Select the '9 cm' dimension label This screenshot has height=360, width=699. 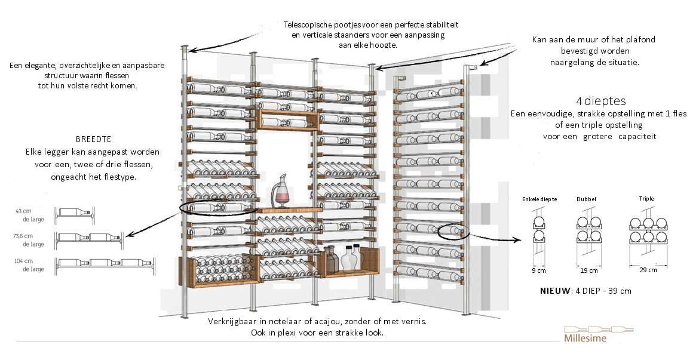tap(539, 270)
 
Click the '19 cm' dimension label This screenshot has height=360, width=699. tap(589, 270)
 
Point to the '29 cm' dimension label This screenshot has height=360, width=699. tap(648, 270)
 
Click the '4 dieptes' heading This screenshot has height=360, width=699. tap(598, 101)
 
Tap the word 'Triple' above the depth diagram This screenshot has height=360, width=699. tap(646, 199)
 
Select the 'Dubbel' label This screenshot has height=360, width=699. tap(587, 199)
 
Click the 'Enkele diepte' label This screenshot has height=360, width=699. tap(539, 199)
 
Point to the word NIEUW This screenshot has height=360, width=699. tap(554, 291)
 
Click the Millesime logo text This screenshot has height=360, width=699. tap(585, 339)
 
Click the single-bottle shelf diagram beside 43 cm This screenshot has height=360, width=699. tap(75, 213)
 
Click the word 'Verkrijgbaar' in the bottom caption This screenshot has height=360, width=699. tap(231, 321)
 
